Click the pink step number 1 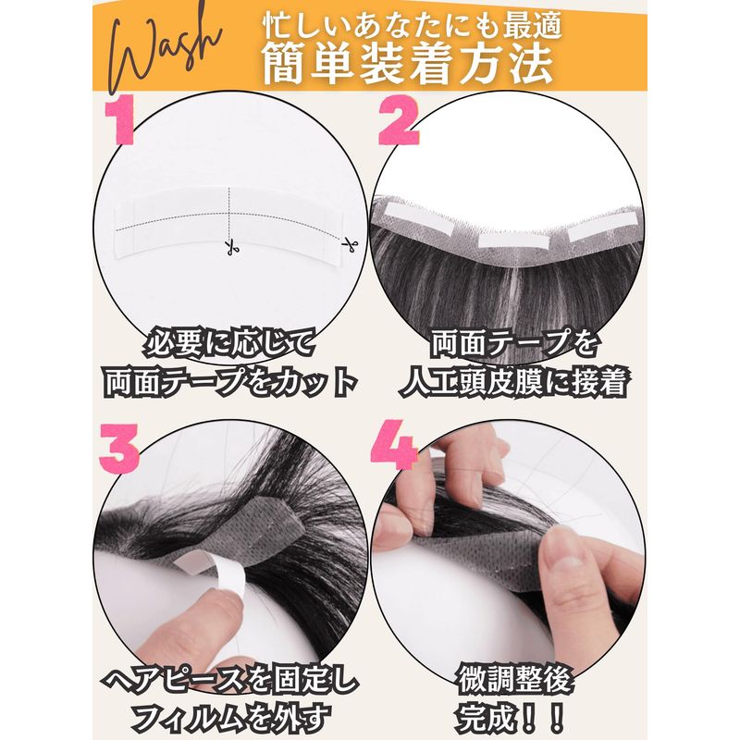[120, 123]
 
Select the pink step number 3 [119, 448]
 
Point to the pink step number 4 [394, 445]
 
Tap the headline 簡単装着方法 [408, 65]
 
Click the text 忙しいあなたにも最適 [412, 26]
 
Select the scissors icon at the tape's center [230, 246]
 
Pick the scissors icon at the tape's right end [350, 245]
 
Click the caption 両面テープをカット [229, 382]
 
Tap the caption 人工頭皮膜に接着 [514, 380]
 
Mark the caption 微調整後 [515, 680]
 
